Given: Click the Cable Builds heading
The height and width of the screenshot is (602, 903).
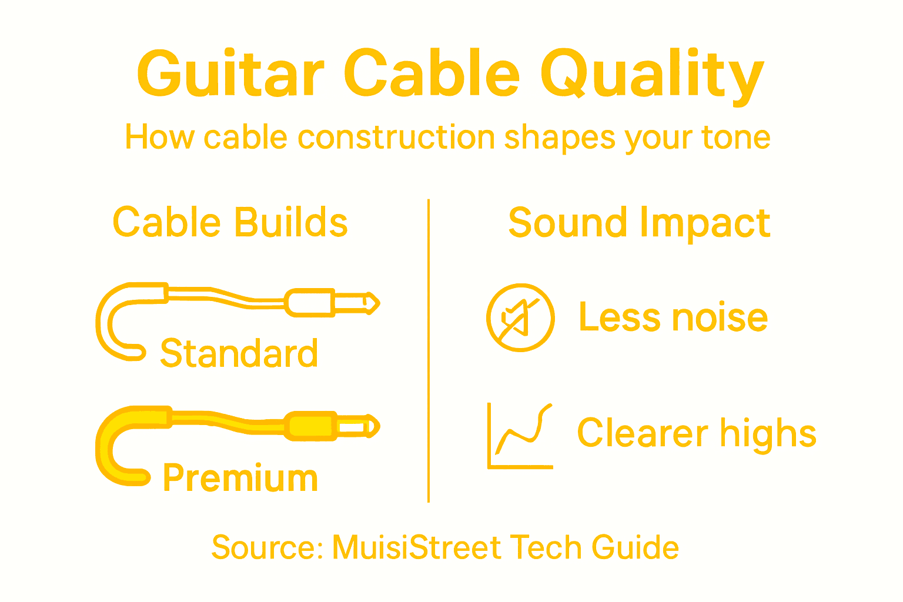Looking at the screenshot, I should pos(230,223).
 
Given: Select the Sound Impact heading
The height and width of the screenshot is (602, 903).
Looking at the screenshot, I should pos(639,223).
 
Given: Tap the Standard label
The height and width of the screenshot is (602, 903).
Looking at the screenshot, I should pos(239,354).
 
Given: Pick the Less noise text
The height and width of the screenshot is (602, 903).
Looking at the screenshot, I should pos(673,317).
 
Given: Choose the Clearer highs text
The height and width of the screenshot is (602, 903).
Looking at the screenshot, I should pos(697,433).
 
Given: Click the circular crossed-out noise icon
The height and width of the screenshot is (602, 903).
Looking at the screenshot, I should pos(520,317).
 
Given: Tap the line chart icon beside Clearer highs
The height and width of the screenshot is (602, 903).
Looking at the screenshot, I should pos(520,436).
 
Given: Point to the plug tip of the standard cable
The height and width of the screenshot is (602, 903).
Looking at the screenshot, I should pos(372,303).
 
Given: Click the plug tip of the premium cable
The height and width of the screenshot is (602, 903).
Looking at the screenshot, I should pos(372,426).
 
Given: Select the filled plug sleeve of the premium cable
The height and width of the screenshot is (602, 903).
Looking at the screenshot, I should pos(310,426).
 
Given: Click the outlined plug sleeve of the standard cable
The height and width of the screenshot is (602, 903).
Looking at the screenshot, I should pos(310,303).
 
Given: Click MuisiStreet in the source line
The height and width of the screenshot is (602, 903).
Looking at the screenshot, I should pos(417,547).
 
